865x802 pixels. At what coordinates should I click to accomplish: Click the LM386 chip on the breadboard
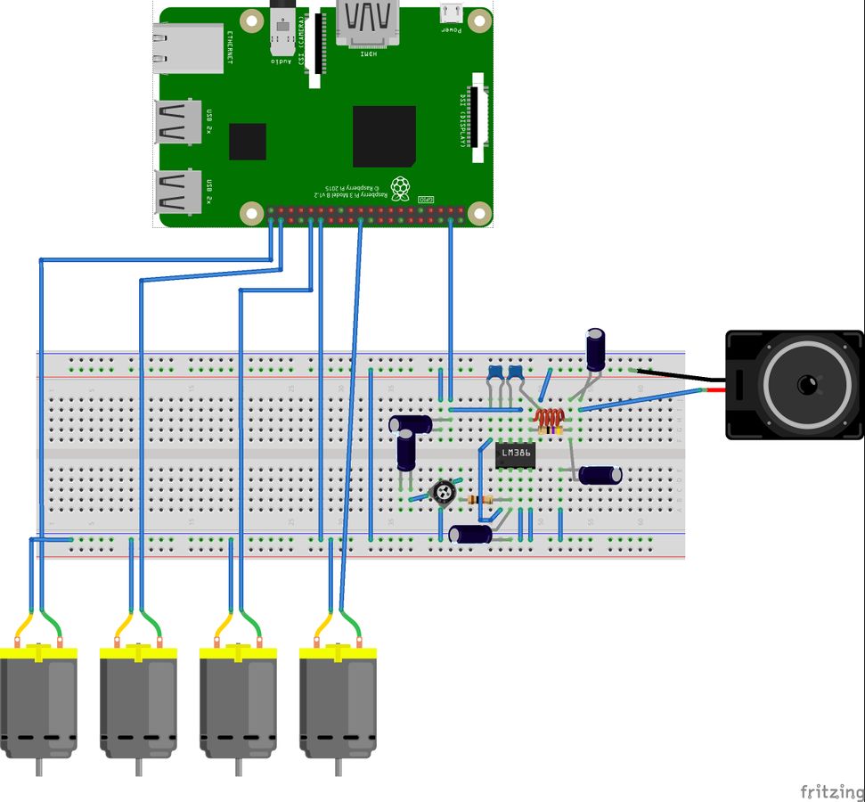515,454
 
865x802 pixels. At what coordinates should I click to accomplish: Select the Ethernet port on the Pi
188,48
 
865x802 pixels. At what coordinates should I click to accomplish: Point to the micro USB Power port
452,15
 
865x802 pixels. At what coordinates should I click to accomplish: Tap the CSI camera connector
314,50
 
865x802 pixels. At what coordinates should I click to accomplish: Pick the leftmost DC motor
38,704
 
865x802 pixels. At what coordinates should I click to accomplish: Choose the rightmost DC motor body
337,704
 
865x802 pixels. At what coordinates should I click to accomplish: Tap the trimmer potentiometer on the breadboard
444,490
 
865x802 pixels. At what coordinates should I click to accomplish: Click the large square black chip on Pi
384,136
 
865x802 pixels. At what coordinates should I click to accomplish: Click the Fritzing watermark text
830,791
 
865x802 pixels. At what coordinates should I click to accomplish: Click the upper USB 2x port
178,122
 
